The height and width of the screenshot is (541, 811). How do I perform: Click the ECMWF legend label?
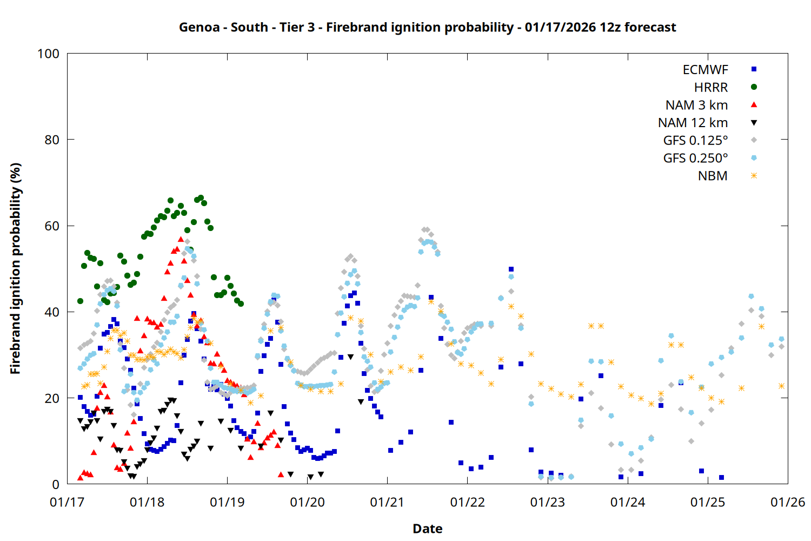click(x=705, y=70)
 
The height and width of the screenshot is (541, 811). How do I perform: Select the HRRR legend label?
click(x=711, y=88)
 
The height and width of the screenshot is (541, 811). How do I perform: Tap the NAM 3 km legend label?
click(x=696, y=105)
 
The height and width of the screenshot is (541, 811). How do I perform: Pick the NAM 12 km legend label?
click(x=693, y=123)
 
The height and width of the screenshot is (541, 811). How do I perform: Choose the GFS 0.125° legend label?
click(x=695, y=141)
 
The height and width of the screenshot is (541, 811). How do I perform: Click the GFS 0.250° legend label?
click(x=695, y=159)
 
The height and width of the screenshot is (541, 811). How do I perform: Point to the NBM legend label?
click(x=713, y=176)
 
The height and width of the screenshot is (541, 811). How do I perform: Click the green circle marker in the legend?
click(x=754, y=87)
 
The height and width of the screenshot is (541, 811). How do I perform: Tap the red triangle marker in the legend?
click(x=754, y=105)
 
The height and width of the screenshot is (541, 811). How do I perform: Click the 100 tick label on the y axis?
click(x=48, y=54)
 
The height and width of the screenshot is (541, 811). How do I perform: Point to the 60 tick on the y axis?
click(x=52, y=226)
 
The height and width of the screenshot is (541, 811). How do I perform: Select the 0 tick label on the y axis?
click(x=56, y=485)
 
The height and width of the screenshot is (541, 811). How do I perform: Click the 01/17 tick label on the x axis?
click(x=67, y=503)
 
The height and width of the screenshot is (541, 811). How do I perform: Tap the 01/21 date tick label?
click(x=387, y=503)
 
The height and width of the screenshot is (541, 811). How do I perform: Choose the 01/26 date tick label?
click(x=788, y=503)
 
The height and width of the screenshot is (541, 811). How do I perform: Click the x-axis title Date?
click(x=427, y=529)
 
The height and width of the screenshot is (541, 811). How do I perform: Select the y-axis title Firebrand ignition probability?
click(x=16, y=268)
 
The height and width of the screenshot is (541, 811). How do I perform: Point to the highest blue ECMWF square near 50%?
click(x=511, y=269)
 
